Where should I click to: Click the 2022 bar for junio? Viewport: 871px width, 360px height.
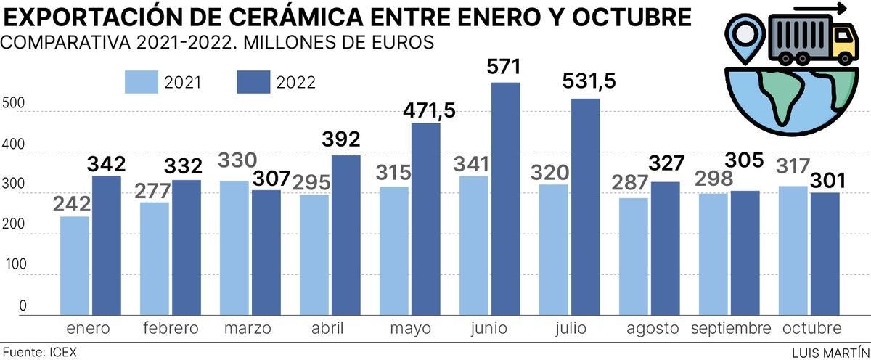pos(506,200)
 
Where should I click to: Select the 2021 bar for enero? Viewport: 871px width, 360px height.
pos(75,266)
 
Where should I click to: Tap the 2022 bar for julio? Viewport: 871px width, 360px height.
pos(586,207)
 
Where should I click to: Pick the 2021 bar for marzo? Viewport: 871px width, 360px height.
pos(234,247)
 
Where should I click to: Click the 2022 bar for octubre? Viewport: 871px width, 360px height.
pos(825,254)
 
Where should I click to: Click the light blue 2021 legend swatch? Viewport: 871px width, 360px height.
pos(141,82)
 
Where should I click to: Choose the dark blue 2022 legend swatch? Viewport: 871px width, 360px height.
pos(253,82)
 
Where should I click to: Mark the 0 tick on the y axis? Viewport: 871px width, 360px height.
pos(23,306)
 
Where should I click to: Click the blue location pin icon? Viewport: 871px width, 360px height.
pos(743,35)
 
